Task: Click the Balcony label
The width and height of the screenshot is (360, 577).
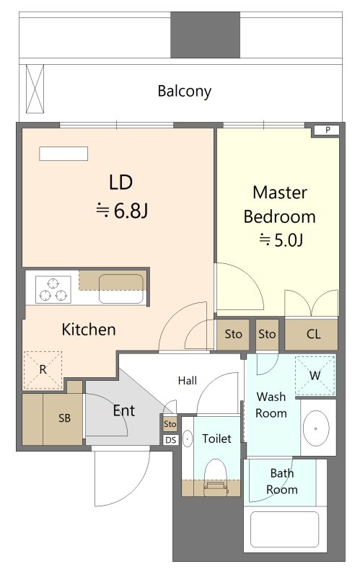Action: click(185, 92)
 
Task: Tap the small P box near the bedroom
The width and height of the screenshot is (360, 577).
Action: click(327, 130)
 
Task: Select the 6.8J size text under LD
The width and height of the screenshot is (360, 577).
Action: click(121, 211)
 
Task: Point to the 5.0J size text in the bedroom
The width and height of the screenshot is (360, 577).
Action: click(281, 240)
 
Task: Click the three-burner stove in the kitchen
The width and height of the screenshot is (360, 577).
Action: click(53, 290)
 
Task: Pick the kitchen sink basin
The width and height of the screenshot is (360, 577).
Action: click(121, 289)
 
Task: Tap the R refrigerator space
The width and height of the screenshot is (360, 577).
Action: click(43, 370)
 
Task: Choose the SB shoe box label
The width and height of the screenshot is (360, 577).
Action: click(64, 418)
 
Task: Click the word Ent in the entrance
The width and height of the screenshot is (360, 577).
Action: click(124, 410)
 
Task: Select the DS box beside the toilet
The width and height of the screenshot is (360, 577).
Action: click(171, 440)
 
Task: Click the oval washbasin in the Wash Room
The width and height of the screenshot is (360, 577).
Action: click(316, 428)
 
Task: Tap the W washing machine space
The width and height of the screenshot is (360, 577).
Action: click(315, 375)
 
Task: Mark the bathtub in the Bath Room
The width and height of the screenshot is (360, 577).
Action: click(284, 529)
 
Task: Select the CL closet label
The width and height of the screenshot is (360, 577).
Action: click(313, 334)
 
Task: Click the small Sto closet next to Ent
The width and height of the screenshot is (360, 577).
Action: click(170, 423)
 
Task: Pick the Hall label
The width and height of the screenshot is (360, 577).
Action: click(188, 381)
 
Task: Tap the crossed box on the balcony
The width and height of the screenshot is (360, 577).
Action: click(35, 89)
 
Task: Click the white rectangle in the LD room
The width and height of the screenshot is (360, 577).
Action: click(63, 154)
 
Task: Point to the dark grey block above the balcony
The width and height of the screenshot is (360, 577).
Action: click(205, 35)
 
